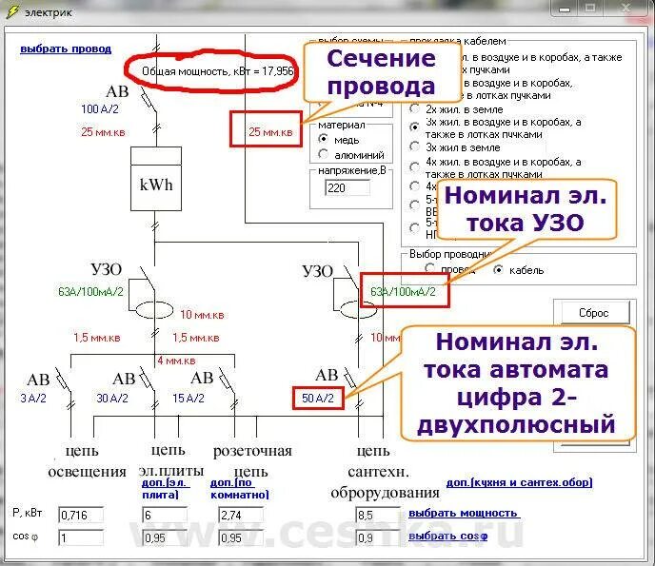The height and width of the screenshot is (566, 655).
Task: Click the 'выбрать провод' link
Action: click(x=66, y=49)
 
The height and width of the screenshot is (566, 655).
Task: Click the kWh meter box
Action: click(x=156, y=185)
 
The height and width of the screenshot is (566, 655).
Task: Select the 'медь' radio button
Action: click(x=325, y=140)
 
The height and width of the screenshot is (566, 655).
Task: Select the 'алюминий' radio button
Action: click(x=325, y=154)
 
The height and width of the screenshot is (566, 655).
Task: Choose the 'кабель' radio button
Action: click(x=498, y=269)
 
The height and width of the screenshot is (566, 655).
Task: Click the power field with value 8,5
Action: click(x=378, y=515)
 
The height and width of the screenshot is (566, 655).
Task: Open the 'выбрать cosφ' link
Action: click(x=447, y=536)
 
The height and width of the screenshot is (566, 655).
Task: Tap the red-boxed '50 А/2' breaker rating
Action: click(x=318, y=399)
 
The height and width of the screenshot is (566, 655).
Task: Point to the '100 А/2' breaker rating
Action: click(x=100, y=109)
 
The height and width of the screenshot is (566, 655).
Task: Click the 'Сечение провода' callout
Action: click(x=381, y=73)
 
